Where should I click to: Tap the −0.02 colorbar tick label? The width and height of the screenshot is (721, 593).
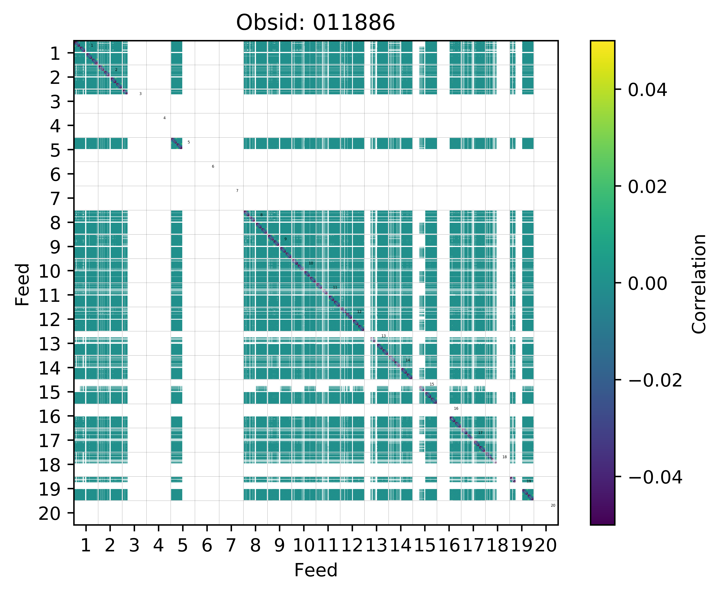[655, 380]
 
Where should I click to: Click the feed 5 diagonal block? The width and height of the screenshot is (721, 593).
[177, 143]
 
